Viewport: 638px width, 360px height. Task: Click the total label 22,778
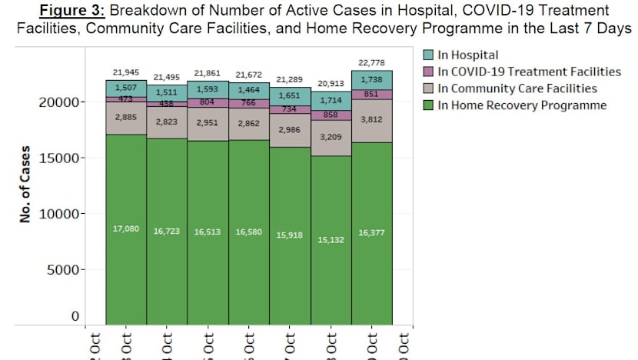(x=372, y=62)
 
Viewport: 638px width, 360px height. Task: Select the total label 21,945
(x=125, y=72)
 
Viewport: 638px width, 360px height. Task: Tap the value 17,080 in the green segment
(x=125, y=228)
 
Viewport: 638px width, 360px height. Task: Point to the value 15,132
(x=331, y=240)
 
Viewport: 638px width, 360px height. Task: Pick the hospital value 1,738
(x=372, y=80)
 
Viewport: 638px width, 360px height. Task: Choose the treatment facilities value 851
(x=372, y=94)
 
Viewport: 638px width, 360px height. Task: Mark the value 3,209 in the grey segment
(x=331, y=137)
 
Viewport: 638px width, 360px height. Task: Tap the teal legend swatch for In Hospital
(x=430, y=55)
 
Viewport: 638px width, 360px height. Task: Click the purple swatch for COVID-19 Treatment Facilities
(x=430, y=72)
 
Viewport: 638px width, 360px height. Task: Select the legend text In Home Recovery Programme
(x=522, y=105)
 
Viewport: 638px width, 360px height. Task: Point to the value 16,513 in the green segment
(x=208, y=231)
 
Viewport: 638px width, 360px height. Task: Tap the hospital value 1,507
(x=125, y=88)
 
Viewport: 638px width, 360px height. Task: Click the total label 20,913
(x=331, y=83)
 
